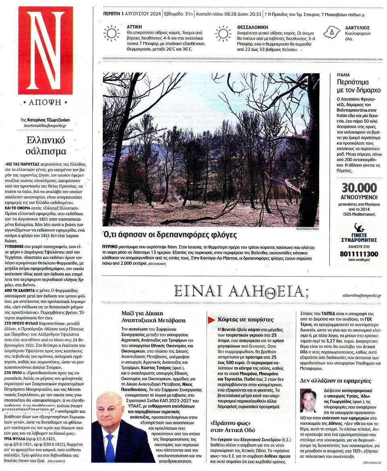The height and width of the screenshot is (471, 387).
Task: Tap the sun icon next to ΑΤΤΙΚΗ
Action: click(x=111, y=33)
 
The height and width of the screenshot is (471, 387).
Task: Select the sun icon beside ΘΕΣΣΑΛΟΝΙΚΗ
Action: click(x=223, y=34)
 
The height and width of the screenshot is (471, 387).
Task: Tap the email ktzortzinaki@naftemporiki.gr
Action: click(x=45, y=126)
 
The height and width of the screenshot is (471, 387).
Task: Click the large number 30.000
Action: click(x=359, y=188)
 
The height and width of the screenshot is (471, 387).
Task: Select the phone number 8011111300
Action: click(x=359, y=254)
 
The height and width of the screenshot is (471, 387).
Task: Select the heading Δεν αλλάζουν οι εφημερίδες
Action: click(x=335, y=381)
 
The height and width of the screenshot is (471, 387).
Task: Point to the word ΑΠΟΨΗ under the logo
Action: click(x=45, y=102)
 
